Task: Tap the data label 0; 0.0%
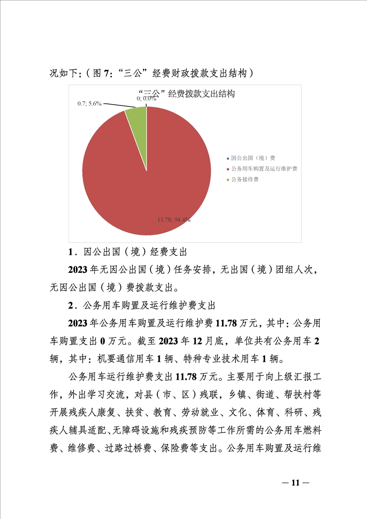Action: (x=146, y=99)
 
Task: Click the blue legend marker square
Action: (x=228, y=158)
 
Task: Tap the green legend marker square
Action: (x=228, y=179)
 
